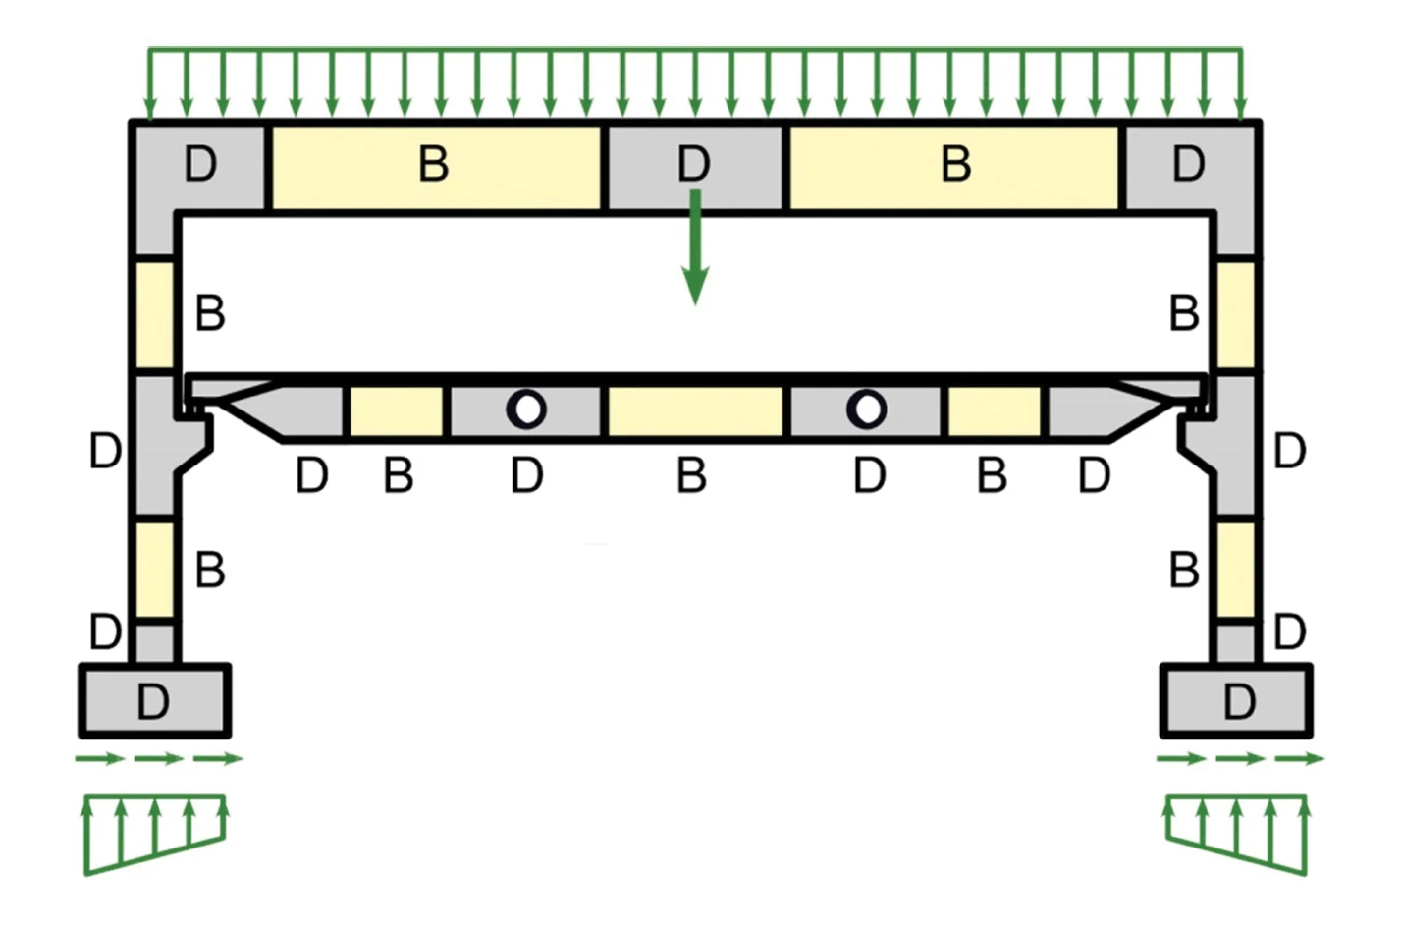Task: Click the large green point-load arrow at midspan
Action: [x=695, y=246]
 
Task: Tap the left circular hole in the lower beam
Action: [x=526, y=410]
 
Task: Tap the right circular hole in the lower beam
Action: [x=866, y=410]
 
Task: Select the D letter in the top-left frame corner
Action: [x=200, y=164]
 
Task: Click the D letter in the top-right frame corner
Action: [x=1188, y=164]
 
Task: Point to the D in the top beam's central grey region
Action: [x=694, y=164]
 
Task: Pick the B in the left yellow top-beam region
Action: [x=433, y=164]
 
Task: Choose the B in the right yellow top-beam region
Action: [x=956, y=164]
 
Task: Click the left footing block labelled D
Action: [x=155, y=700]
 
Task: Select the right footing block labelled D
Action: [x=1236, y=700]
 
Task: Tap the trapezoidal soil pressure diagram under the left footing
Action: [x=155, y=834]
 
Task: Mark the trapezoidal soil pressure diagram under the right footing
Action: [x=1236, y=834]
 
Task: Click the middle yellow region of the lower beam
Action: [x=695, y=411]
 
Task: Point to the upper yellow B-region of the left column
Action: [x=155, y=314]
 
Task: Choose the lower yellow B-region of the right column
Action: [x=1236, y=569]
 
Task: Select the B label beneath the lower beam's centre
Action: [x=692, y=475]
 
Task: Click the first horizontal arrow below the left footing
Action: [x=99, y=759]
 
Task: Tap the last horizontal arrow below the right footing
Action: [x=1300, y=759]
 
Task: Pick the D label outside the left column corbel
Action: [x=105, y=451]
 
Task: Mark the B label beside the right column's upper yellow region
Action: [x=1184, y=312]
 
